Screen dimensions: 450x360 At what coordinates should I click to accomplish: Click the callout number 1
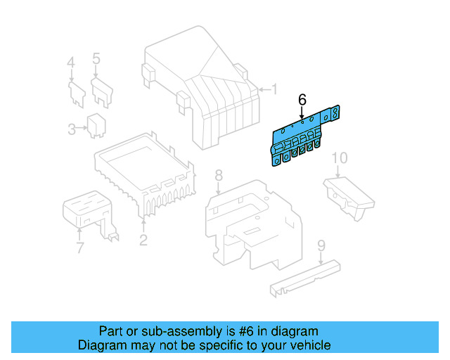275,89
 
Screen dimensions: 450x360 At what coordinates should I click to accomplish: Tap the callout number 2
143,240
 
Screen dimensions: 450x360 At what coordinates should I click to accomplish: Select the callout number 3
72,129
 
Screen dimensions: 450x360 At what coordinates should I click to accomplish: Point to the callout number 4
71,63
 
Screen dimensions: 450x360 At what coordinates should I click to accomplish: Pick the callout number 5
96,58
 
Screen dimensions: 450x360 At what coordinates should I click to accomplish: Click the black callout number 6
302,100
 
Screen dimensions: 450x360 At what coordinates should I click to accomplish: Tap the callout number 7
79,247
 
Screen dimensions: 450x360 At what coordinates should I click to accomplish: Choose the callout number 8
219,175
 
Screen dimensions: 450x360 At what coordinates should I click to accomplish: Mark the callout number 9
321,245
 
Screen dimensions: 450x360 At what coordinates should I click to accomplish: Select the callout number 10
340,158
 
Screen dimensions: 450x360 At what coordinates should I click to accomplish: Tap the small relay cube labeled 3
96,126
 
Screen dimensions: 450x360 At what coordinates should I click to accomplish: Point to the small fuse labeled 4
77,94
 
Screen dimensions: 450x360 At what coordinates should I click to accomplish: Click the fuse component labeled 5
102,92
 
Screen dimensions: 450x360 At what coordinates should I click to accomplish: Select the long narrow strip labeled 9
305,278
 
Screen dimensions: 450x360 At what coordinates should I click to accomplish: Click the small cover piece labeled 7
89,212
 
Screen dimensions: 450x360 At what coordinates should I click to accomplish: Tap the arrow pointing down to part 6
302,112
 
